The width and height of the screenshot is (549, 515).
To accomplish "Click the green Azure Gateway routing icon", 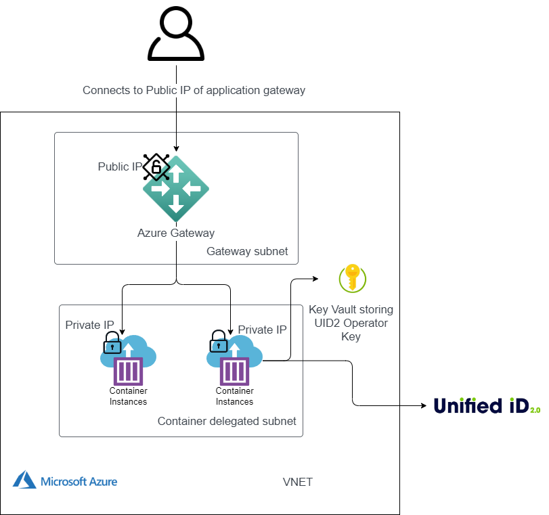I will [x=176, y=190].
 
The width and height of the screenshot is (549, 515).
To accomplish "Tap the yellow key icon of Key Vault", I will [x=353, y=278].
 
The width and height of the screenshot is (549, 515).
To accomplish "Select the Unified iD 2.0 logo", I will [x=487, y=405].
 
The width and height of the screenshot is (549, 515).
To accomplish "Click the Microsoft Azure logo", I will [x=64, y=482].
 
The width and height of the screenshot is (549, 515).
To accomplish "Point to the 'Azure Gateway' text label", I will [x=176, y=233].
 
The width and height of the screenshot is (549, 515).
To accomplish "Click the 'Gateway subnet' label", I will [x=247, y=252].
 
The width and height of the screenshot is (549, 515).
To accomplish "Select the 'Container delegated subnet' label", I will [x=227, y=421].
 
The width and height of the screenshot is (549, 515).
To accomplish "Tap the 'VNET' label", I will [x=297, y=482].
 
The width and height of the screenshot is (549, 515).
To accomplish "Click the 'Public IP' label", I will [x=119, y=166].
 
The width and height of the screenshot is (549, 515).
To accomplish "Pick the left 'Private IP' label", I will [x=90, y=325].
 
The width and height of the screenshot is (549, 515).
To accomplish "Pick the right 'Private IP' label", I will [x=262, y=330].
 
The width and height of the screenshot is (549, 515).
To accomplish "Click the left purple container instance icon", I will [x=128, y=371].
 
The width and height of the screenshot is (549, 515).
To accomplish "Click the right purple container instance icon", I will [x=234, y=371].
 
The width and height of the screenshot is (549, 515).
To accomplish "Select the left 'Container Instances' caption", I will [x=128, y=397].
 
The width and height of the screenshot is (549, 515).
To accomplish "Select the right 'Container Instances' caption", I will [x=234, y=397].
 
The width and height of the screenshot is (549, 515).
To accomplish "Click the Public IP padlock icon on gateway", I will [x=156, y=166].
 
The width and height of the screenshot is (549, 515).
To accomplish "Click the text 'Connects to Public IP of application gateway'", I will [x=194, y=90].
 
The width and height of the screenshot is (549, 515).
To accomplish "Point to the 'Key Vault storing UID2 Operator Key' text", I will [x=351, y=323].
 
